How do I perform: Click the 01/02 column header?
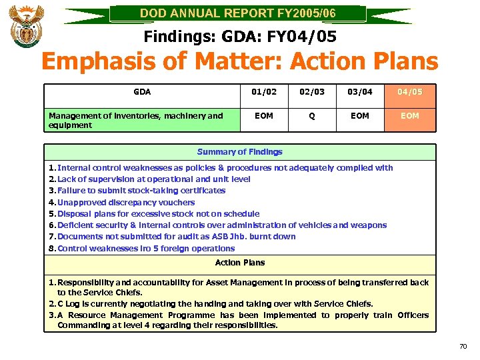tap(264, 92)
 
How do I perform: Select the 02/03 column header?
tap(311, 92)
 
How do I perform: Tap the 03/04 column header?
tap(360, 92)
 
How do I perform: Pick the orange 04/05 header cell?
tap(410, 92)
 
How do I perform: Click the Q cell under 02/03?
tap(311, 116)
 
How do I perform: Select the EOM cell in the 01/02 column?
tap(264, 116)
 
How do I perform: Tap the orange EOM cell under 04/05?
tap(410, 116)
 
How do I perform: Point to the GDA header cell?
tap(142, 92)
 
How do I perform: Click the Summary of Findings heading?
tap(240, 152)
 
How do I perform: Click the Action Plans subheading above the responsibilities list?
tap(240, 263)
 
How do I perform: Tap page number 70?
tap(463, 347)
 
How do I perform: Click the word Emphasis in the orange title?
tap(99, 62)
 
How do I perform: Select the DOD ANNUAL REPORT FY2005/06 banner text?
tap(239, 13)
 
